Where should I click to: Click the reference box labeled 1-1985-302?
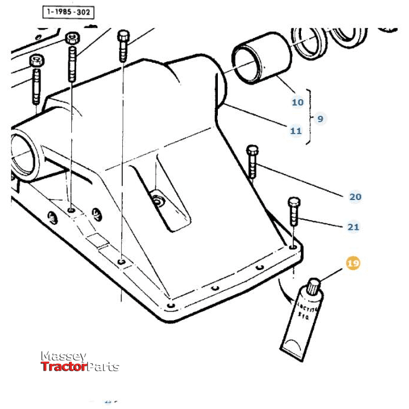pyautogui.click(x=68, y=12)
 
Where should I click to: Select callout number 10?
pyautogui.click(x=297, y=102)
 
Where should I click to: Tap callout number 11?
pyautogui.click(x=296, y=131)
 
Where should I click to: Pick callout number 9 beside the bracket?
pyautogui.click(x=320, y=119)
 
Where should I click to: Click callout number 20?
pyautogui.click(x=355, y=196)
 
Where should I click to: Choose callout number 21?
pyautogui.click(x=353, y=227)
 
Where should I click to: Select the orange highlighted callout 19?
pyautogui.click(x=353, y=263)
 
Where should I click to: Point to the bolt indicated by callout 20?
pyautogui.click(x=252, y=160)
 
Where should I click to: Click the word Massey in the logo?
pyautogui.click(x=64, y=356)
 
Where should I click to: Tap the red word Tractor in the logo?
pyautogui.click(x=64, y=367)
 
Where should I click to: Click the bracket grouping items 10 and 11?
pyautogui.click(x=308, y=116)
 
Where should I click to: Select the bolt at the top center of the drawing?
pyautogui.click(x=123, y=45)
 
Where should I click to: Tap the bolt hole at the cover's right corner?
pyautogui.click(x=294, y=245)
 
